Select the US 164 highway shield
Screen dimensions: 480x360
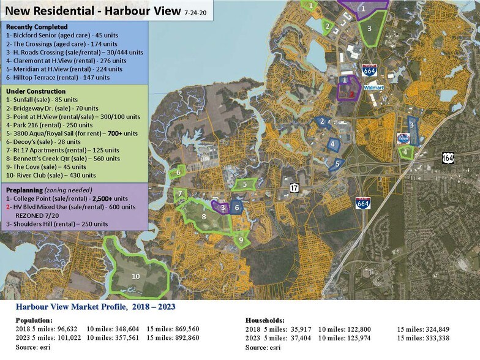click(x=448, y=158)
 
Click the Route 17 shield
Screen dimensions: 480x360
click(x=294, y=188)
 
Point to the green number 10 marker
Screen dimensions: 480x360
click(x=136, y=276)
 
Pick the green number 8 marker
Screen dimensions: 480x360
click(x=204, y=216)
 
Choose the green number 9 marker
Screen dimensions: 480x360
click(x=241, y=240)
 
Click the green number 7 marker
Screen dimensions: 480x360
click(x=180, y=194)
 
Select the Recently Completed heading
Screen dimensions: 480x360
click(x=37, y=28)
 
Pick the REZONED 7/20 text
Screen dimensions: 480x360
click(x=42, y=216)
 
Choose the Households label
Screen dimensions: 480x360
click(x=264, y=320)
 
